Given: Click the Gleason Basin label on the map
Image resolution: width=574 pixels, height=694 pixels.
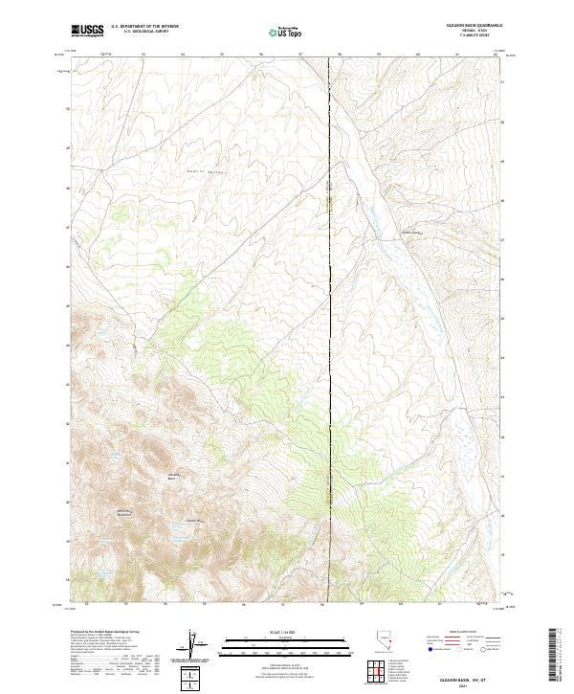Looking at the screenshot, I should tap(174, 476).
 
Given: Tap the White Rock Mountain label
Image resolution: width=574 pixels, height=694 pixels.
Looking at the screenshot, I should tap(124, 513).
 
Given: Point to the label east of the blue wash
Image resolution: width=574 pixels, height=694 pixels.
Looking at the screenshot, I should tap(410, 232).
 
